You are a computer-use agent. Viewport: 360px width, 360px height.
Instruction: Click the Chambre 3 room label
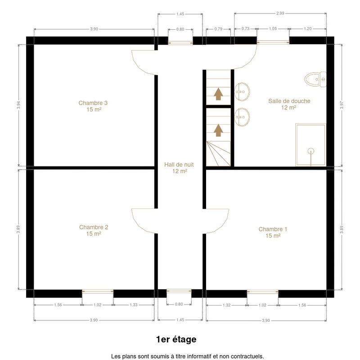coord(93,106)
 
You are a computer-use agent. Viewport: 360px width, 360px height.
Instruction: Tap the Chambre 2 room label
coord(94,230)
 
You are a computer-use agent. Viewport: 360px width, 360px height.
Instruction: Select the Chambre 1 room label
coord(273,232)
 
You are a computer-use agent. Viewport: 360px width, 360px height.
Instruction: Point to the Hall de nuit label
coord(179,167)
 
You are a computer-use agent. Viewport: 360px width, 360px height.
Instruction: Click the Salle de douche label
coord(289,104)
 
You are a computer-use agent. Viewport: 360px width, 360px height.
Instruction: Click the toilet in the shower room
coord(315,80)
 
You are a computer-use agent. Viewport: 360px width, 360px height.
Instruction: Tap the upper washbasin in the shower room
coord(242,92)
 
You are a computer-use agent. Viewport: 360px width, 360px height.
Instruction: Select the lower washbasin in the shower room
coord(242,117)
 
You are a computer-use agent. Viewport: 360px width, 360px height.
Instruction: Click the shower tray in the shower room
coord(310,145)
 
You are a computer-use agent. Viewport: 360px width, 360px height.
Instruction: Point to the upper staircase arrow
coord(218,94)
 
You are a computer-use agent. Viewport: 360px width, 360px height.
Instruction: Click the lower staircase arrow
coord(218,130)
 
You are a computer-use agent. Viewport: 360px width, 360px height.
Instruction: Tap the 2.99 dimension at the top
coord(280,13)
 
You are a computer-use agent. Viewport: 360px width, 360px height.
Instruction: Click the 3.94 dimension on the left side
coord(18,105)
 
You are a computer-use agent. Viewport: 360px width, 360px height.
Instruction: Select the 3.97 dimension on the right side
coord(342,105)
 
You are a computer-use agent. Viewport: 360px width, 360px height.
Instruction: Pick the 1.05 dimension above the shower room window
coord(273,29)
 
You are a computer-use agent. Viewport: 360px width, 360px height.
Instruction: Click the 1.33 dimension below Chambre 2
coord(134,305)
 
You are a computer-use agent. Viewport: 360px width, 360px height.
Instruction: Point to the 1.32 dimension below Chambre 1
coord(226,305)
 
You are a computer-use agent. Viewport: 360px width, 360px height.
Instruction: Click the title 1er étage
coord(176,339)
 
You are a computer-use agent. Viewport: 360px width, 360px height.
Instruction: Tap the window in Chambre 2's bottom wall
coord(98,292)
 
